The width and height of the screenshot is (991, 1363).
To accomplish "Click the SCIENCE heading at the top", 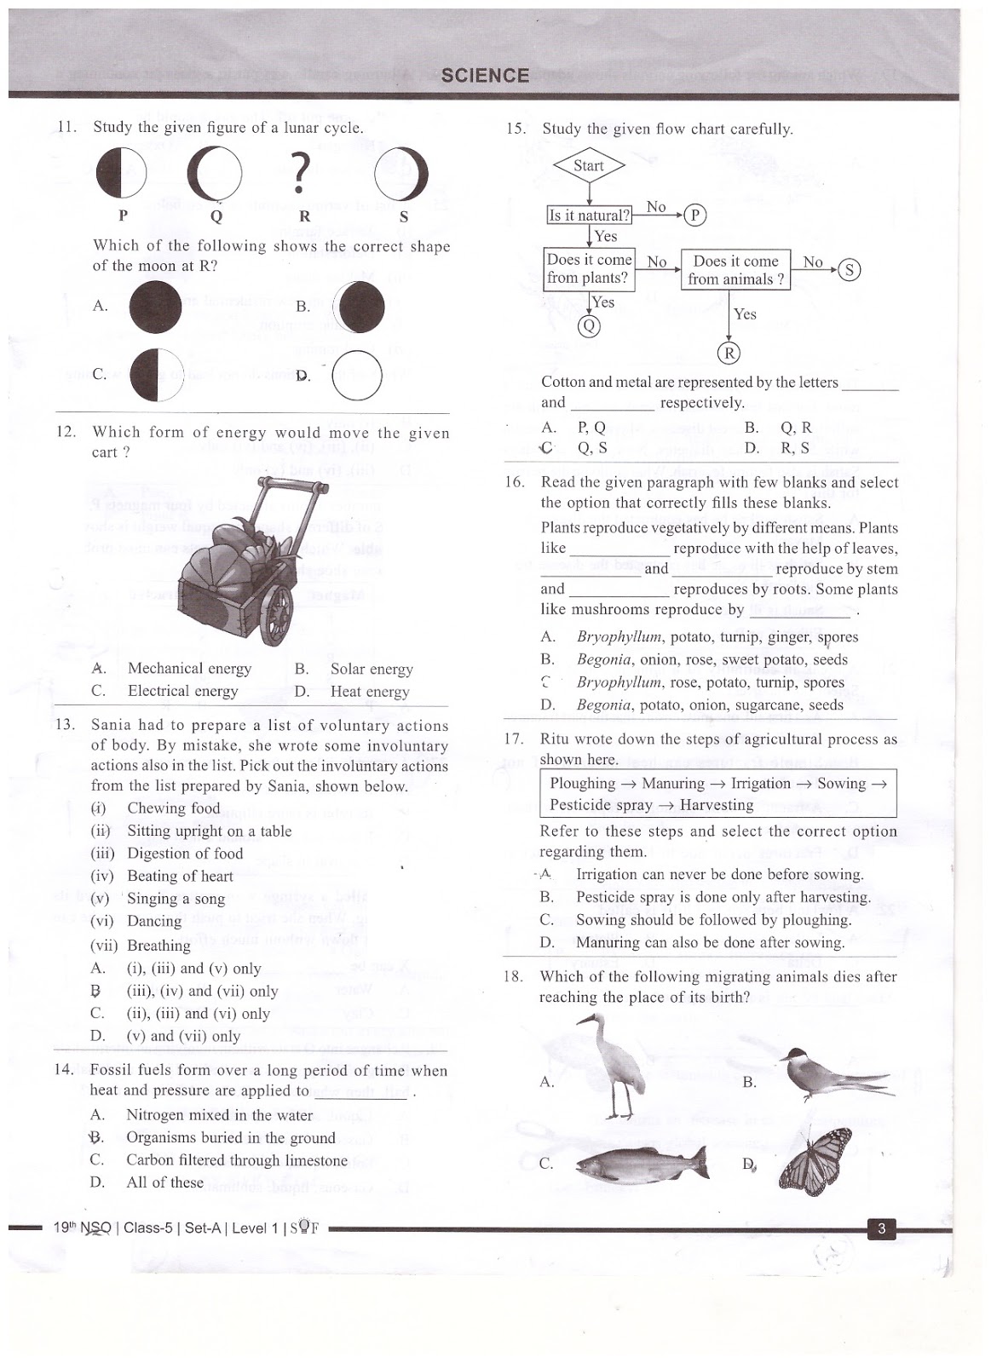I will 485,75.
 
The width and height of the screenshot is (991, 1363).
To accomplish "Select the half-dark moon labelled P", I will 121,173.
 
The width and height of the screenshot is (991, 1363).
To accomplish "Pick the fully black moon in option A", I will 155,308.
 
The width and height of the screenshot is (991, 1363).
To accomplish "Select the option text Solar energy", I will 372,670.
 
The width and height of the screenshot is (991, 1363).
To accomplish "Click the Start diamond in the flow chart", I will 588,166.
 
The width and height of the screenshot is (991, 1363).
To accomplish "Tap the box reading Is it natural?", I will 589,216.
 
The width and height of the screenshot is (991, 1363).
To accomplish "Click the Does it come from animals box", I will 735,269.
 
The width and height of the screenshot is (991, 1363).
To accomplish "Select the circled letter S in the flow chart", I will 850,271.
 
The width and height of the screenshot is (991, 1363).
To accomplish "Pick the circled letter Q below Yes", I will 589,326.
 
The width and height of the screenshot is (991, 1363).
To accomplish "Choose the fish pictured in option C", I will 642,1162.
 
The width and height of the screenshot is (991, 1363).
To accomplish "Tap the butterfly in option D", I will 815,1161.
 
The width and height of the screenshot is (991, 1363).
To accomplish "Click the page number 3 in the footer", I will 882,1228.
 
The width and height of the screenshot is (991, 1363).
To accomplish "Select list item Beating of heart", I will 180,876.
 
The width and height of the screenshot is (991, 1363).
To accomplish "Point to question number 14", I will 64,1070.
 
